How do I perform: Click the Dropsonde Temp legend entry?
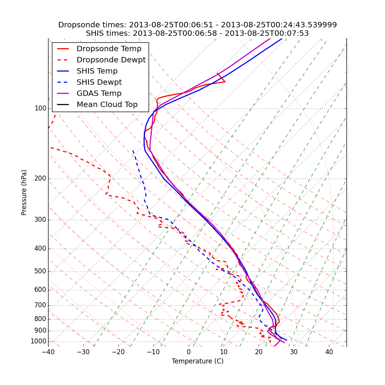pos(109,49)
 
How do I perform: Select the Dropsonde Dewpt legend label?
pos(111,60)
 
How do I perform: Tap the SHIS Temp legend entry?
pos(97,71)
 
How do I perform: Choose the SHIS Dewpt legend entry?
pos(99,82)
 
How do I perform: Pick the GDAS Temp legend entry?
pos(99,94)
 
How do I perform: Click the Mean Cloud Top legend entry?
pos(107,105)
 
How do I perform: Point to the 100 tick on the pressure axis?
pos(40,109)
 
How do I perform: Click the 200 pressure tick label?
pos(40,179)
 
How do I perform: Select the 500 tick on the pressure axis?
pos(40,271)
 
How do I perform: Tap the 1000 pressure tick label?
pos(39,341)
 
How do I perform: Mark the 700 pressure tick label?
pos(40,305)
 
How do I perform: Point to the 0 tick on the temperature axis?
pos(189,352)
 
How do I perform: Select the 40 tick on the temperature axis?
pos(329,352)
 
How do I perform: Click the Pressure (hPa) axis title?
pos(24,192)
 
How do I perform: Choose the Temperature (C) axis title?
pos(198,361)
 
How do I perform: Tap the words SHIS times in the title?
pos(107,33)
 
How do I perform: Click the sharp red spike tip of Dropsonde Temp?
pos(225,82)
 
